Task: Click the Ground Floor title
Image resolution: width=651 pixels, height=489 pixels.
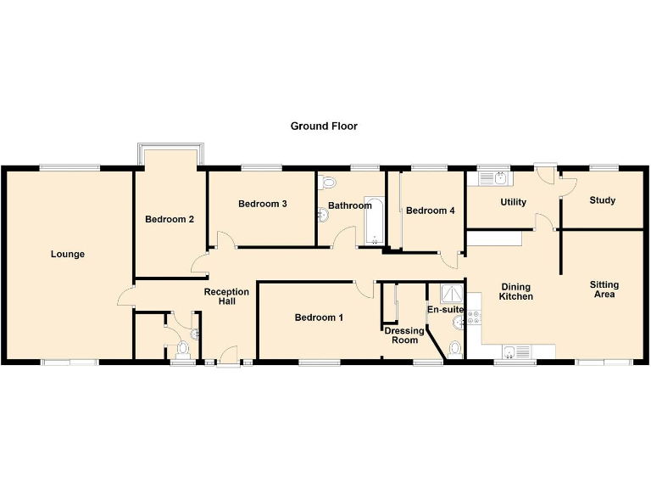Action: (324, 126)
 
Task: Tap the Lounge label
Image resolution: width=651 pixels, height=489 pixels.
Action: (67, 254)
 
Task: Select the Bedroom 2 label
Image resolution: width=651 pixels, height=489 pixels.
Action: (170, 219)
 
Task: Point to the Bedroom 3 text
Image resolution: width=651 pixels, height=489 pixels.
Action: (262, 204)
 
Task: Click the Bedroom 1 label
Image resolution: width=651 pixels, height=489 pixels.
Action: (319, 318)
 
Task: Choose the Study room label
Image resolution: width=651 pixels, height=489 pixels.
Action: (602, 200)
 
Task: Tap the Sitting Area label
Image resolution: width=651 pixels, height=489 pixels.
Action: (604, 289)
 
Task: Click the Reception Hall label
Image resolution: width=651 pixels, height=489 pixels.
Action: (226, 296)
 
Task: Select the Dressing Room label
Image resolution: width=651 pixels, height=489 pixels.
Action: (403, 335)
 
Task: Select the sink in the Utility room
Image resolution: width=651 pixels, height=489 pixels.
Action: (499, 178)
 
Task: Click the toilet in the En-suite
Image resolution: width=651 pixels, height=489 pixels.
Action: (455, 347)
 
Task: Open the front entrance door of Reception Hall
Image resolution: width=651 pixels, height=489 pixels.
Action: (227, 357)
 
